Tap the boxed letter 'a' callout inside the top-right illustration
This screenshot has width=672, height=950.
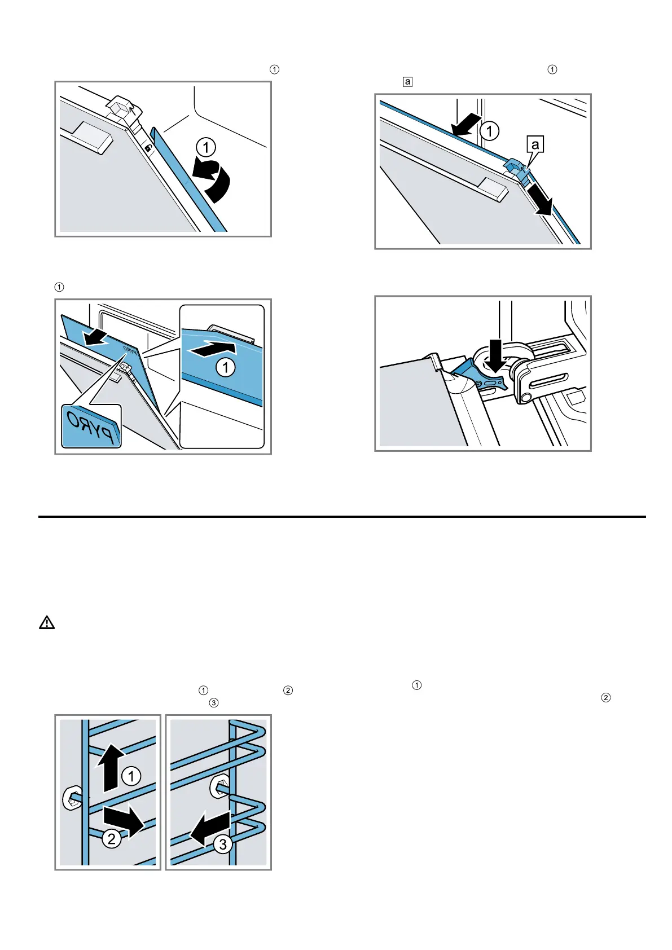535,145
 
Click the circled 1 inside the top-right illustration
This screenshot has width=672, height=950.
489,131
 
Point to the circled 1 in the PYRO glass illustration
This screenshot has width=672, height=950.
226,368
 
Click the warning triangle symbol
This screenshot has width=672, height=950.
47,623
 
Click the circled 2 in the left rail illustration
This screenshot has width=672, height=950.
112,839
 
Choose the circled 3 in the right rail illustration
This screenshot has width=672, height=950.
223,844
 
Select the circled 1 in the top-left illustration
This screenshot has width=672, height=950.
206,148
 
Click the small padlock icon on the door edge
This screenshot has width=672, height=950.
147,148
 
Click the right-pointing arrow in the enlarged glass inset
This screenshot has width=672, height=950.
213,348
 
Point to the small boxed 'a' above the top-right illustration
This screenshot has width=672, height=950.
407,82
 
